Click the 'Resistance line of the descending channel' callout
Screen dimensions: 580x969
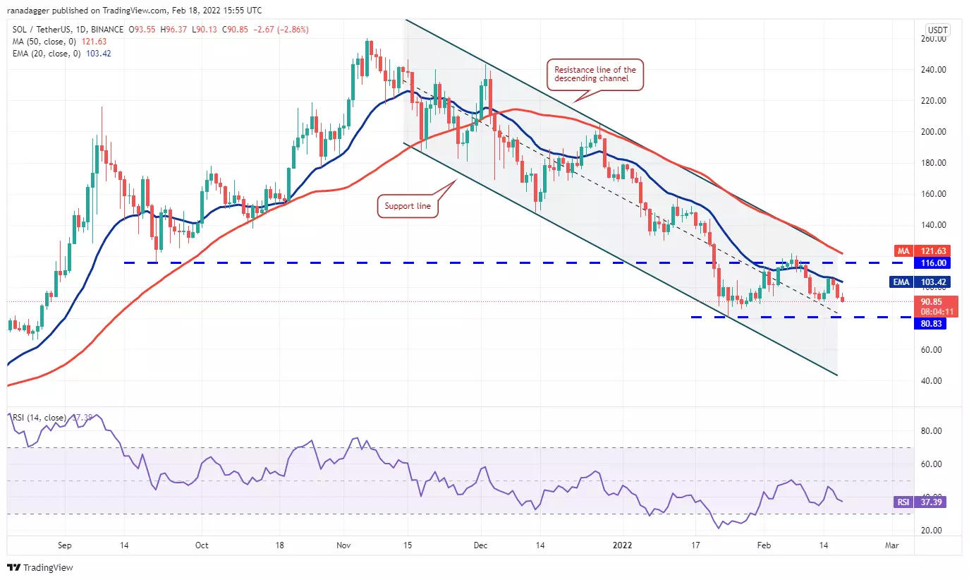(x=595, y=74)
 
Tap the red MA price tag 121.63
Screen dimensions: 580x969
(x=930, y=250)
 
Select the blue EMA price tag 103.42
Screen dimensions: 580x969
(x=930, y=282)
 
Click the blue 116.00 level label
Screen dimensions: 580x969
(x=930, y=262)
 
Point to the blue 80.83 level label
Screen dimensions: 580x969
(x=930, y=324)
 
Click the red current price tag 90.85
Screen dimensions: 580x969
(x=930, y=301)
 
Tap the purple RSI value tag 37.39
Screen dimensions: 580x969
(x=930, y=502)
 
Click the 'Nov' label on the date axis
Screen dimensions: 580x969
(x=343, y=545)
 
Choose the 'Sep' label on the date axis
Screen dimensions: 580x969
(x=64, y=545)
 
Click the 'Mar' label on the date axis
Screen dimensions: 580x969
(x=891, y=545)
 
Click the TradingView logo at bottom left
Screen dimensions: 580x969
(x=40, y=567)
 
